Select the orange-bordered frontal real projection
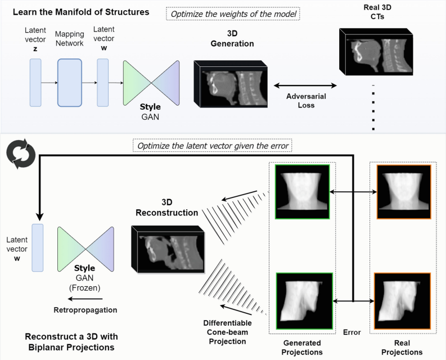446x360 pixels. coord(403,192)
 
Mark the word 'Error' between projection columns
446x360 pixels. coord(352,332)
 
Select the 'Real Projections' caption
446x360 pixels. coord(403,347)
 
